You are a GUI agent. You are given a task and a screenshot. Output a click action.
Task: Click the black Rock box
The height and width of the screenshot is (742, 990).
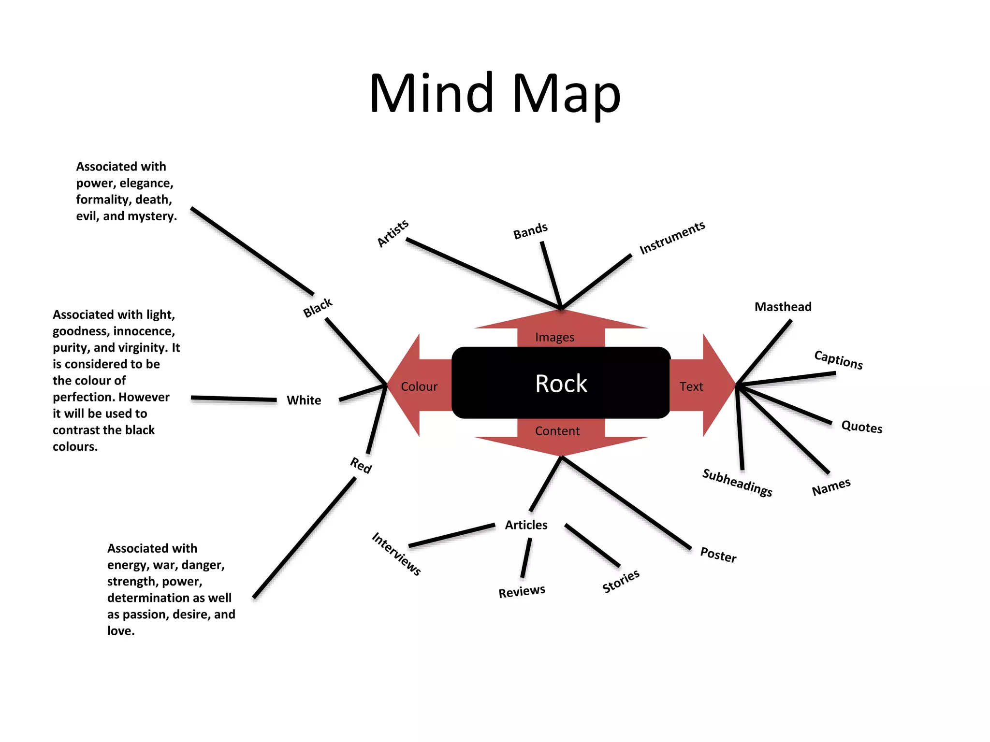tap(561, 383)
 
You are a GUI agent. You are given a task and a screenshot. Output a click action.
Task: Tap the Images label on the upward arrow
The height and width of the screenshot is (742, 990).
tap(554, 337)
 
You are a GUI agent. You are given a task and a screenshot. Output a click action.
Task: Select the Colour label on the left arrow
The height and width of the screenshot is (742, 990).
tap(419, 386)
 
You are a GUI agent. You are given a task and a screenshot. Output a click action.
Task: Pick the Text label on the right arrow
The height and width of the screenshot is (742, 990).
tap(691, 386)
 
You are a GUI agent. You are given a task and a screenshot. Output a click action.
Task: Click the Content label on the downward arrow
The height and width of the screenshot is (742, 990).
tap(557, 431)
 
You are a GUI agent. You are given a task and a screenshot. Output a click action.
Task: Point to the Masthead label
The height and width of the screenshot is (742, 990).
tap(783, 307)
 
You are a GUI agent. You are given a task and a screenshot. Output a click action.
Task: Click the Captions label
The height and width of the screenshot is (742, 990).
tap(838, 360)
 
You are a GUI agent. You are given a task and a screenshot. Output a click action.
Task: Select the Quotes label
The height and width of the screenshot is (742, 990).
tap(861, 427)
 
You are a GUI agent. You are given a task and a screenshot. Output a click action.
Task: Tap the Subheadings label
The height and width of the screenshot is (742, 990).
tap(737, 482)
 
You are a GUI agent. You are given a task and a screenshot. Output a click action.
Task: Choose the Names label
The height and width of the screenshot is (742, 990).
tap(831, 487)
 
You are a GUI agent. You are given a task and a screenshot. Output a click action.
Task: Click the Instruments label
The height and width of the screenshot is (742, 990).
tap(672, 238)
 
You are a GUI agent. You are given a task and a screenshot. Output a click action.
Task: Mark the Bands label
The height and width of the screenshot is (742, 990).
tap(530, 231)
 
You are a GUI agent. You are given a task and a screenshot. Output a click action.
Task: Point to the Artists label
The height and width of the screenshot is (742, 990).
tap(393, 233)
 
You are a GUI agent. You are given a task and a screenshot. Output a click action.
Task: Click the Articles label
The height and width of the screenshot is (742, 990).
tap(526, 525)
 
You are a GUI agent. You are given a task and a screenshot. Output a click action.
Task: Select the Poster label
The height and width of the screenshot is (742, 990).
tap(718, 555)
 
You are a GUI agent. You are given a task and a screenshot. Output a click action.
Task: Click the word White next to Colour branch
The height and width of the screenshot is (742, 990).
tap(304, 400)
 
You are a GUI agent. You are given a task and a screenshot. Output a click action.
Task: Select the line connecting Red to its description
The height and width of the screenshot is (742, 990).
tap(305, 537)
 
